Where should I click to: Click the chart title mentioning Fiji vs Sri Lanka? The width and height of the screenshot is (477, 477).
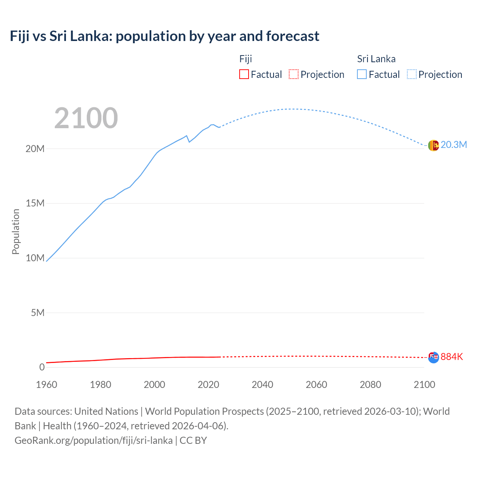164,36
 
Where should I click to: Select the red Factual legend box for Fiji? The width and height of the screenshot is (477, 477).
244,74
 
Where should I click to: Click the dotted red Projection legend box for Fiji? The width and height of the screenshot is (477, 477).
294,74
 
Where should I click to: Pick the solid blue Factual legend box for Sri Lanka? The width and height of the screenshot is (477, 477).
362,74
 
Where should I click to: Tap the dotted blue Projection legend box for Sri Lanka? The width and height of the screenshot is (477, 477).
412,74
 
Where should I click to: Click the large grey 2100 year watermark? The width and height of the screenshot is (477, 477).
86,118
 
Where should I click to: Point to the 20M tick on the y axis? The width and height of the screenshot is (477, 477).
35,149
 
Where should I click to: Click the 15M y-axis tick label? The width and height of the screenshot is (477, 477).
35,203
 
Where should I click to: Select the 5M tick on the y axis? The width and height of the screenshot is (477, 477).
38,313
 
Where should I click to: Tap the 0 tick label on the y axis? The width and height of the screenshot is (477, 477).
42,367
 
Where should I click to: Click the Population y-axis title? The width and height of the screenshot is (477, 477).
16,231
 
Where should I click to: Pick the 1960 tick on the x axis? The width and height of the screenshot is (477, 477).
47,385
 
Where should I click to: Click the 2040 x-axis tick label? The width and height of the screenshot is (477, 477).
262,385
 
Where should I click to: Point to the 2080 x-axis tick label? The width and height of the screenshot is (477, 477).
370,385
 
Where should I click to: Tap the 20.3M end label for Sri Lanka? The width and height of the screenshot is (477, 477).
454,145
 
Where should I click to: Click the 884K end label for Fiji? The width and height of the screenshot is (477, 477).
452,357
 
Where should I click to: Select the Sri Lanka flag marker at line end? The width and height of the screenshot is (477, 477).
433,145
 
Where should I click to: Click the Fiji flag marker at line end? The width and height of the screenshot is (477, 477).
433,358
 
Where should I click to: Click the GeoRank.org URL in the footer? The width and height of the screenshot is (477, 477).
94,440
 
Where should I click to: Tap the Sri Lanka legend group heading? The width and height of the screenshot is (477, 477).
376,59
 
